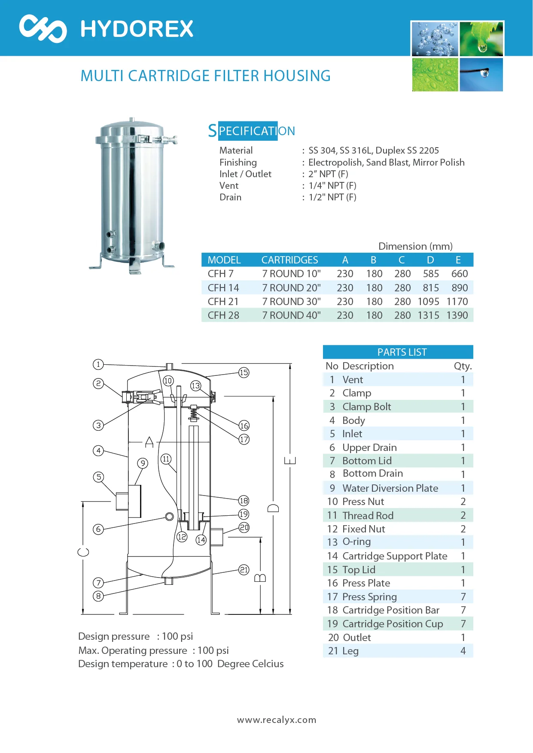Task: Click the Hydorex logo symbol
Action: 43,28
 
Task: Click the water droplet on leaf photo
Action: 481,39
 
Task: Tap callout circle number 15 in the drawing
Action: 244,372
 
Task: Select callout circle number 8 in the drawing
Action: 98,596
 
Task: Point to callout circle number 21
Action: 244,569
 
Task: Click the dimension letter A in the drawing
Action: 149,442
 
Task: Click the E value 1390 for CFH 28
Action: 457,315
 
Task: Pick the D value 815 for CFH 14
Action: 431,288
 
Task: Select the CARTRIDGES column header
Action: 290,260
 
